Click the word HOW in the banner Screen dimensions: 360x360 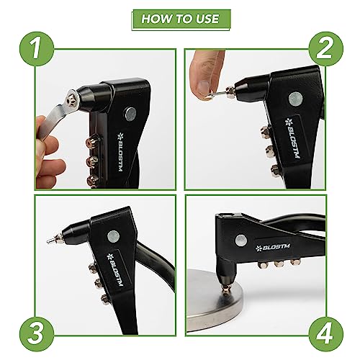click(x=154, y=19)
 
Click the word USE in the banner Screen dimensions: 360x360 click(x=208, y=19)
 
